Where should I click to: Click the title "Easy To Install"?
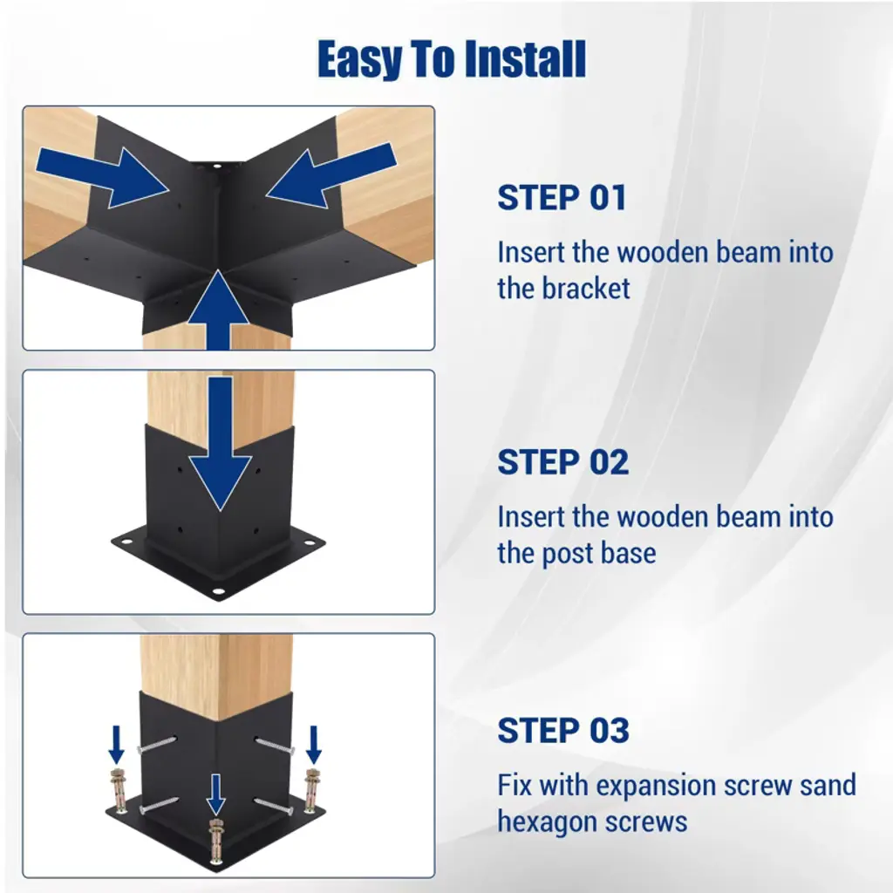pos(452,59)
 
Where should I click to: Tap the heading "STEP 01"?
pos(562,198)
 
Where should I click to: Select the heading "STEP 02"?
pos(563,462)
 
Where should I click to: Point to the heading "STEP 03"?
pos(563,730)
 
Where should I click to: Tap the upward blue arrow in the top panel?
pos(218,310)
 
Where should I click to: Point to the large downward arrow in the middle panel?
pos(220,444)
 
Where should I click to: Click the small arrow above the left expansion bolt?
pos(117,745)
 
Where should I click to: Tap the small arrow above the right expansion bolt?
pos(314,745)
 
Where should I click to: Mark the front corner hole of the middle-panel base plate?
pos(217,592)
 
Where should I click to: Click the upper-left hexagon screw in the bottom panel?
pos(157,744)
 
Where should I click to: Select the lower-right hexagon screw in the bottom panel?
pos(273,805)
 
